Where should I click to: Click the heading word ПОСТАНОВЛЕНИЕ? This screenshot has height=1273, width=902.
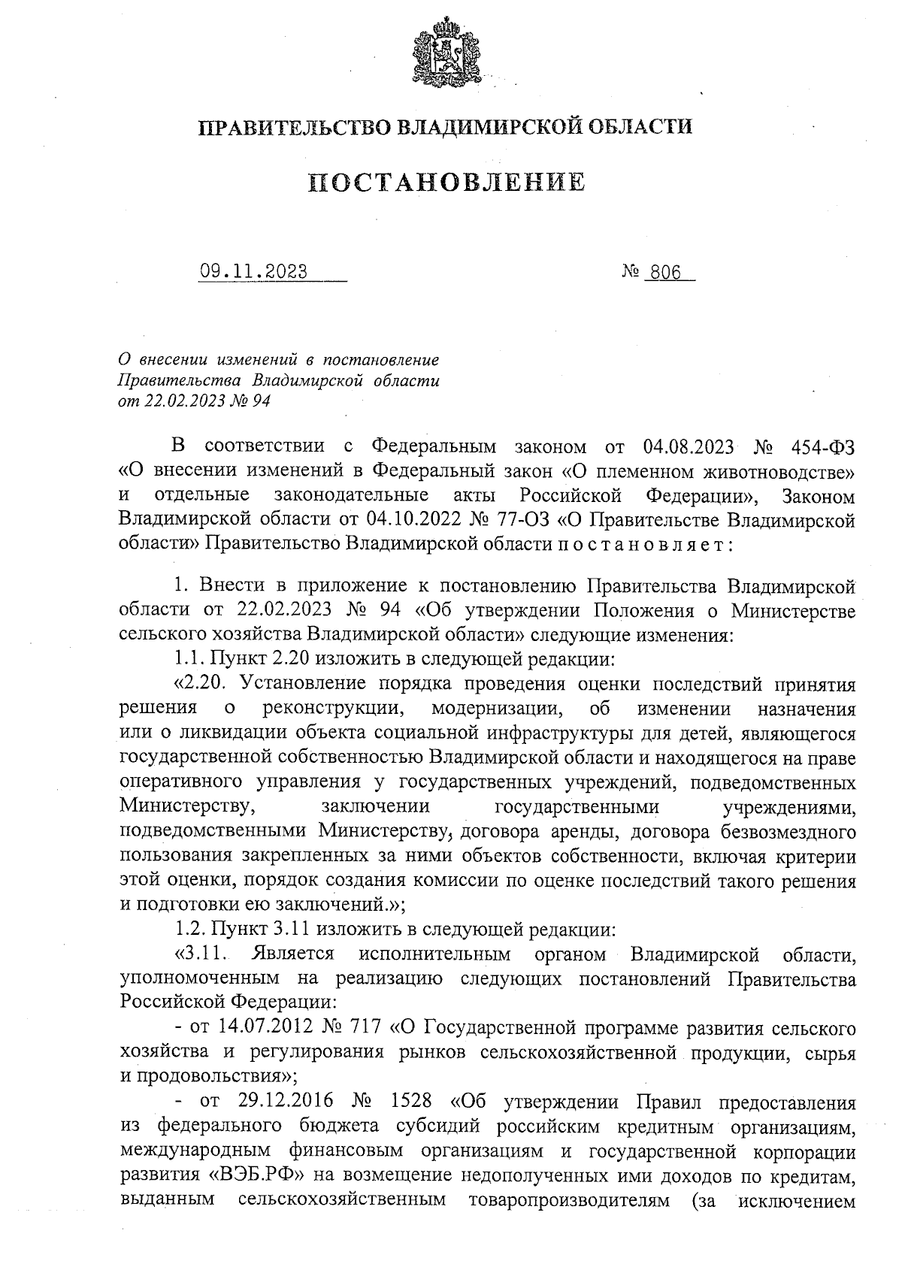pyautogui.click(x=448, y=182)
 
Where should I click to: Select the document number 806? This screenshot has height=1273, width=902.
pyautogui.click(x=664, y=273)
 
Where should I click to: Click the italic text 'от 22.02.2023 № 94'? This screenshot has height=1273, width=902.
pyautogui.click(x=194, y=401)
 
